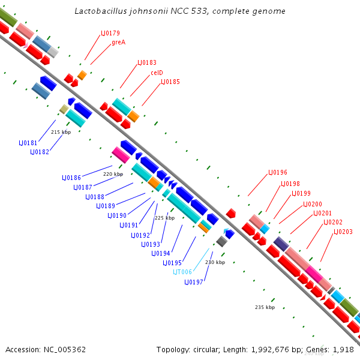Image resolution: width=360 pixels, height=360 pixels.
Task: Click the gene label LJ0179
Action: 111,33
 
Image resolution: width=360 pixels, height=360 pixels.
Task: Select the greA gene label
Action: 118,42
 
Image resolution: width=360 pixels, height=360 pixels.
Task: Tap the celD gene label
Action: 157,73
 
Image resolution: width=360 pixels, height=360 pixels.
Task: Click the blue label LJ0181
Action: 28,143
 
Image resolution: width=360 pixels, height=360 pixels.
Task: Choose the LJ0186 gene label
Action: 71,178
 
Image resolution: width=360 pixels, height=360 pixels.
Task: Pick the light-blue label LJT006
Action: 183,272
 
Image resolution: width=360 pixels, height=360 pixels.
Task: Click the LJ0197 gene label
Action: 194,281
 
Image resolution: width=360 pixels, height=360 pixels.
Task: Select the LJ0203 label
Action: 343,232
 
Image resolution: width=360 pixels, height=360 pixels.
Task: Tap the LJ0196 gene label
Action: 277,172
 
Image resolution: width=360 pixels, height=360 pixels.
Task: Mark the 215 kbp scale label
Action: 61,132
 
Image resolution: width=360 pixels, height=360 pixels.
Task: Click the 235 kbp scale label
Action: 265,307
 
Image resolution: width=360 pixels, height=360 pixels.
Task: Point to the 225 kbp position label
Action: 164,218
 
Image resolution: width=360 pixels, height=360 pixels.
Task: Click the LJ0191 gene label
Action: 129,225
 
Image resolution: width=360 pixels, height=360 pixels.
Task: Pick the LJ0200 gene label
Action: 312,204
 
